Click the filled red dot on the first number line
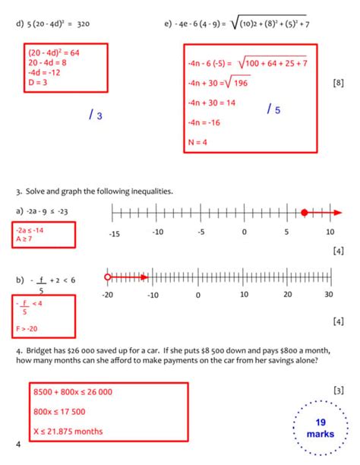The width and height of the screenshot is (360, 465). pos(305,212)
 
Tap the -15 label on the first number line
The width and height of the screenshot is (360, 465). pos(114,233)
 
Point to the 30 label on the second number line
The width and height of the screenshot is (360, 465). pos(328,295)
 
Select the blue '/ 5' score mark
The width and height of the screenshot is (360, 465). pos(274,110)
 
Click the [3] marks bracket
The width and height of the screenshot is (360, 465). pos(339,391)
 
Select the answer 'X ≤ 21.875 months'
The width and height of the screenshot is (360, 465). pos(69,432)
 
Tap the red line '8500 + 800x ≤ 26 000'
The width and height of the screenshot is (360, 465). pos(73,392)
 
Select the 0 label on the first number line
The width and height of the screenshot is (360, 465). pos(244,233)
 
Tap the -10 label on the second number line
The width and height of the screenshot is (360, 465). pos(153,295)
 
